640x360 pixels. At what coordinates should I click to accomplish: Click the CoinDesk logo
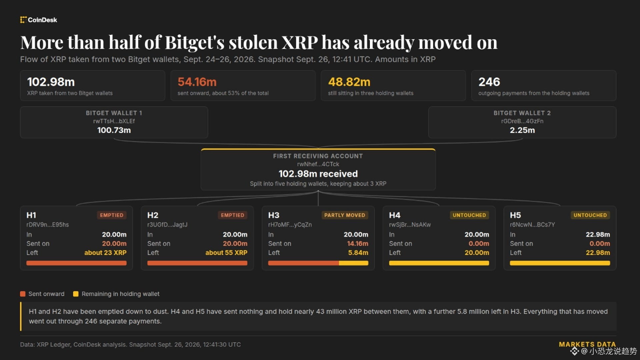click(x=38, y=20)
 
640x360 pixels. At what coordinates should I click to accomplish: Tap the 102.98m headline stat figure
click(x=51, y=82)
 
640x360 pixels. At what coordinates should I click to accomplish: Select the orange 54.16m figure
click(x=197, y=82)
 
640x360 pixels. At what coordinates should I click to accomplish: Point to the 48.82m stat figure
click(x=349, y=82)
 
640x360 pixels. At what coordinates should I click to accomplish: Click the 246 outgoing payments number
click(x=489, y=82)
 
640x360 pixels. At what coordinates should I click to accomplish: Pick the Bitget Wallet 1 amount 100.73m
click(x=114, y=130)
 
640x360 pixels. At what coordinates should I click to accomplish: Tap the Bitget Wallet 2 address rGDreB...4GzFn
click(x=522, y=121)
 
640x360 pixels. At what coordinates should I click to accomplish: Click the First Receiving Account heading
click(x=318, y=156)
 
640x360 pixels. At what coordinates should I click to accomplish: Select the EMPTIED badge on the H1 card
click(x=112, y=215)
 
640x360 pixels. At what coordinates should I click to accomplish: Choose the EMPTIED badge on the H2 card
click(x=233, y=215)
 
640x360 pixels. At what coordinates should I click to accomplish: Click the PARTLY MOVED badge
click(x=345, y=215)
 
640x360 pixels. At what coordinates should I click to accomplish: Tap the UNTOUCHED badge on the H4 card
click(x=469, y=215)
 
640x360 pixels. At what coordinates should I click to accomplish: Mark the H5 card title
click(x=515, y=215)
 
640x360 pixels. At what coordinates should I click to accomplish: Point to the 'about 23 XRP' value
click(x=105, y=253)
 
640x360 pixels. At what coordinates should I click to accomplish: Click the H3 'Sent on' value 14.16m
click(x=358, y=244)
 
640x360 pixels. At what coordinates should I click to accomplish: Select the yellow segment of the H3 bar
click(x=354, y=263)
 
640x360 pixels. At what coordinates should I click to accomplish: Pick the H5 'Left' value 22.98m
click(x=598, y=253)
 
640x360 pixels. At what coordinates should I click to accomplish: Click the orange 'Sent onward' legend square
click(x=23, y=294)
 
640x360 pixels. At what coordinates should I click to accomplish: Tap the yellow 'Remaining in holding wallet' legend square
click(x=76, y=294)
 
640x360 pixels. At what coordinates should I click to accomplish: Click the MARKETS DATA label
click(x=587, y=344)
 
